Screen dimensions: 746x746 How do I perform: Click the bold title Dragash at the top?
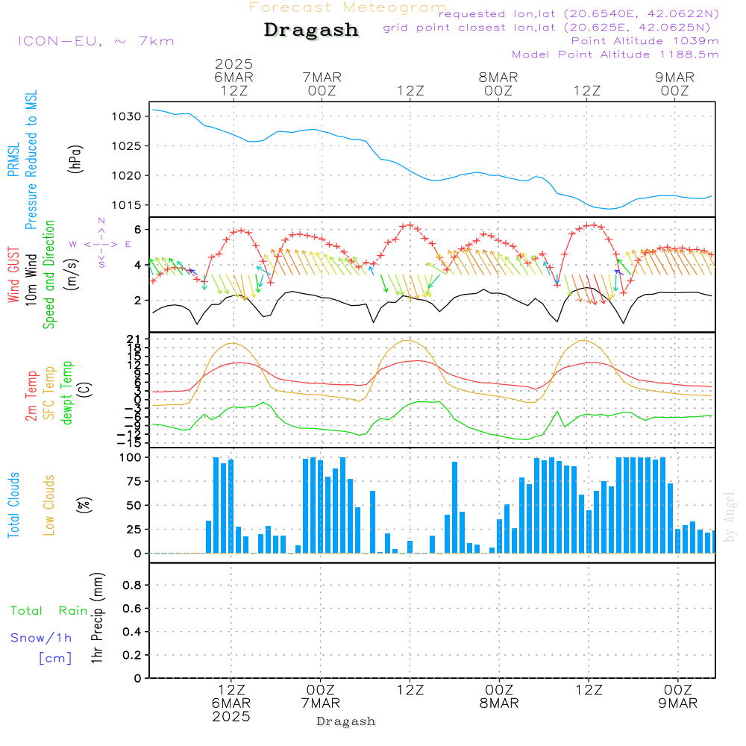click(x=311, y=31)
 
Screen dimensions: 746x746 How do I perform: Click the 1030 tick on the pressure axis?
click(x=127, y=116)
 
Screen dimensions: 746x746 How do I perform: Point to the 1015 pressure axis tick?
click(x=127, y=206)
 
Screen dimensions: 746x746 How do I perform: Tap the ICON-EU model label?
click(x=96, y=41)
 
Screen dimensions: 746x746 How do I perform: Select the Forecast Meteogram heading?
click(x=348, y=7)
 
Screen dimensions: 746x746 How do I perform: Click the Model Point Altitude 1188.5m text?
click(x=615, y=54)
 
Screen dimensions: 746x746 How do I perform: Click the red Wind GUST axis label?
click(x=13, y=275)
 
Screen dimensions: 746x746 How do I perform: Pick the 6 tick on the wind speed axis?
click(x=138, y=229)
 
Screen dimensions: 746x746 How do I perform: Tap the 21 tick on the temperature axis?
click(x=134, y=339)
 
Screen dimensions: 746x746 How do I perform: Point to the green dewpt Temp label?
click(x=66, y=392)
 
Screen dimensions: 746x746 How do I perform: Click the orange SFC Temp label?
click(x=49, y=393)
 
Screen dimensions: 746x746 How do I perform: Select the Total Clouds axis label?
click(x=13, y=505)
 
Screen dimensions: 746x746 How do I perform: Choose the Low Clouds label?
click(x=48, y=505)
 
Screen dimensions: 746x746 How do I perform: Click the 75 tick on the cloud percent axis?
click(x=134, y=481)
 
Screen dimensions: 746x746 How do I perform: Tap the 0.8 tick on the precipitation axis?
click(x=132, y=585)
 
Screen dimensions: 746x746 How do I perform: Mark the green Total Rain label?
click(x=49, y=611)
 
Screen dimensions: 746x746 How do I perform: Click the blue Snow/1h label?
click(x=41, y=638)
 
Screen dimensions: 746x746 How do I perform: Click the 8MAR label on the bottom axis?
click(x=499, y=703)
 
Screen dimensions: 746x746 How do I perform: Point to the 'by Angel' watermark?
click(x=730, y=517)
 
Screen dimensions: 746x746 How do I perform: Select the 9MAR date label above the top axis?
click(x=674, y=78)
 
